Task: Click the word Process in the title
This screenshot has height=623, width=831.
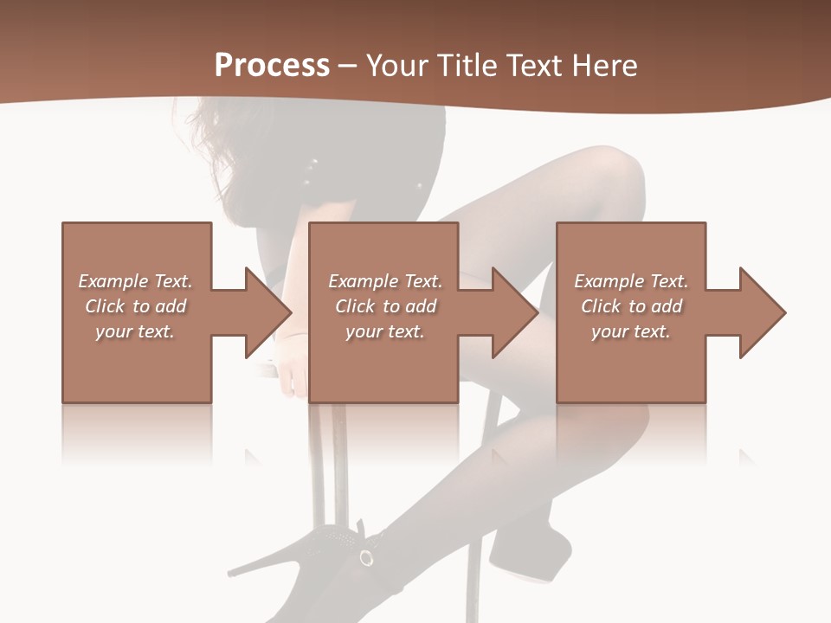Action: [x=272, y=65]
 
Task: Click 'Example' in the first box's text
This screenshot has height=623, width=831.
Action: [x=113, y=281]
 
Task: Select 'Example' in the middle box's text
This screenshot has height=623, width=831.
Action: [x=363, y=281]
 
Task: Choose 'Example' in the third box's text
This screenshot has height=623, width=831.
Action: [x=609, y=281]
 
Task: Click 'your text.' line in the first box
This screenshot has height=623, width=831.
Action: [x=135, y=331]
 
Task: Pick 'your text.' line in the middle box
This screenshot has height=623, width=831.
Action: [x=385, y=331]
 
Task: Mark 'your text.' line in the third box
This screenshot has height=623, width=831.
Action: [x=631, y=331]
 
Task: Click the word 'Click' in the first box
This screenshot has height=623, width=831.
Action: [x=105, y=306]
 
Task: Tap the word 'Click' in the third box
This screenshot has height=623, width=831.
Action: [x=601, y=306]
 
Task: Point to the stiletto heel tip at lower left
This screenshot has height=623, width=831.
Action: [x=231, y=573]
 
